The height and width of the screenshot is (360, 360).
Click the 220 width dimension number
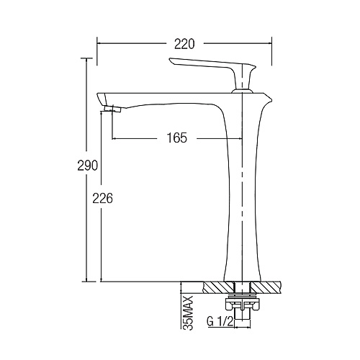pos(184,44)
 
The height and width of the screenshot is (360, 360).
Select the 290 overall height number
pos(88,165)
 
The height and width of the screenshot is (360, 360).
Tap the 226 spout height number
pos(102,199)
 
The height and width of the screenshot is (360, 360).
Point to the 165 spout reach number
pos(177,138)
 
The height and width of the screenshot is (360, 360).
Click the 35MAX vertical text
pos(188,313)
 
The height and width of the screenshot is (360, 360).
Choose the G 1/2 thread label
pos(220,322)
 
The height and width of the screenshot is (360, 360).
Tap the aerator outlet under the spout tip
pos(113,109)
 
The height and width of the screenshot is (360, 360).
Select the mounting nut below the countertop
pos(243,305)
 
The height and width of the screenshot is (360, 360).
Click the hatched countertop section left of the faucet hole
pos(218,288)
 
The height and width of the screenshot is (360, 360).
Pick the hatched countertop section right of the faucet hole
pos(266,288)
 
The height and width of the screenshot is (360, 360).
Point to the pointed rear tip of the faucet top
pos(272,99)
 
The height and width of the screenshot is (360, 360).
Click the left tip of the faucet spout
pos(97,94)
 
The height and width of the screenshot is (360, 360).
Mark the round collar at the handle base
pos(243,91)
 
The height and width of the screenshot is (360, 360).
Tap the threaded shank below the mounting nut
pos(243,315)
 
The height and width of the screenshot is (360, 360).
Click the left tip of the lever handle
pos(169,59)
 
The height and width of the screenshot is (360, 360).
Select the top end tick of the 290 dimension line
pos(86,58)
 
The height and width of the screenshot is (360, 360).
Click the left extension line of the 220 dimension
pos(97,51)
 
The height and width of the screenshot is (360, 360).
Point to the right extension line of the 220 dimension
pos(271,51)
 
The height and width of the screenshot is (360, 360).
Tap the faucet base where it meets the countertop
pos(242,281)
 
